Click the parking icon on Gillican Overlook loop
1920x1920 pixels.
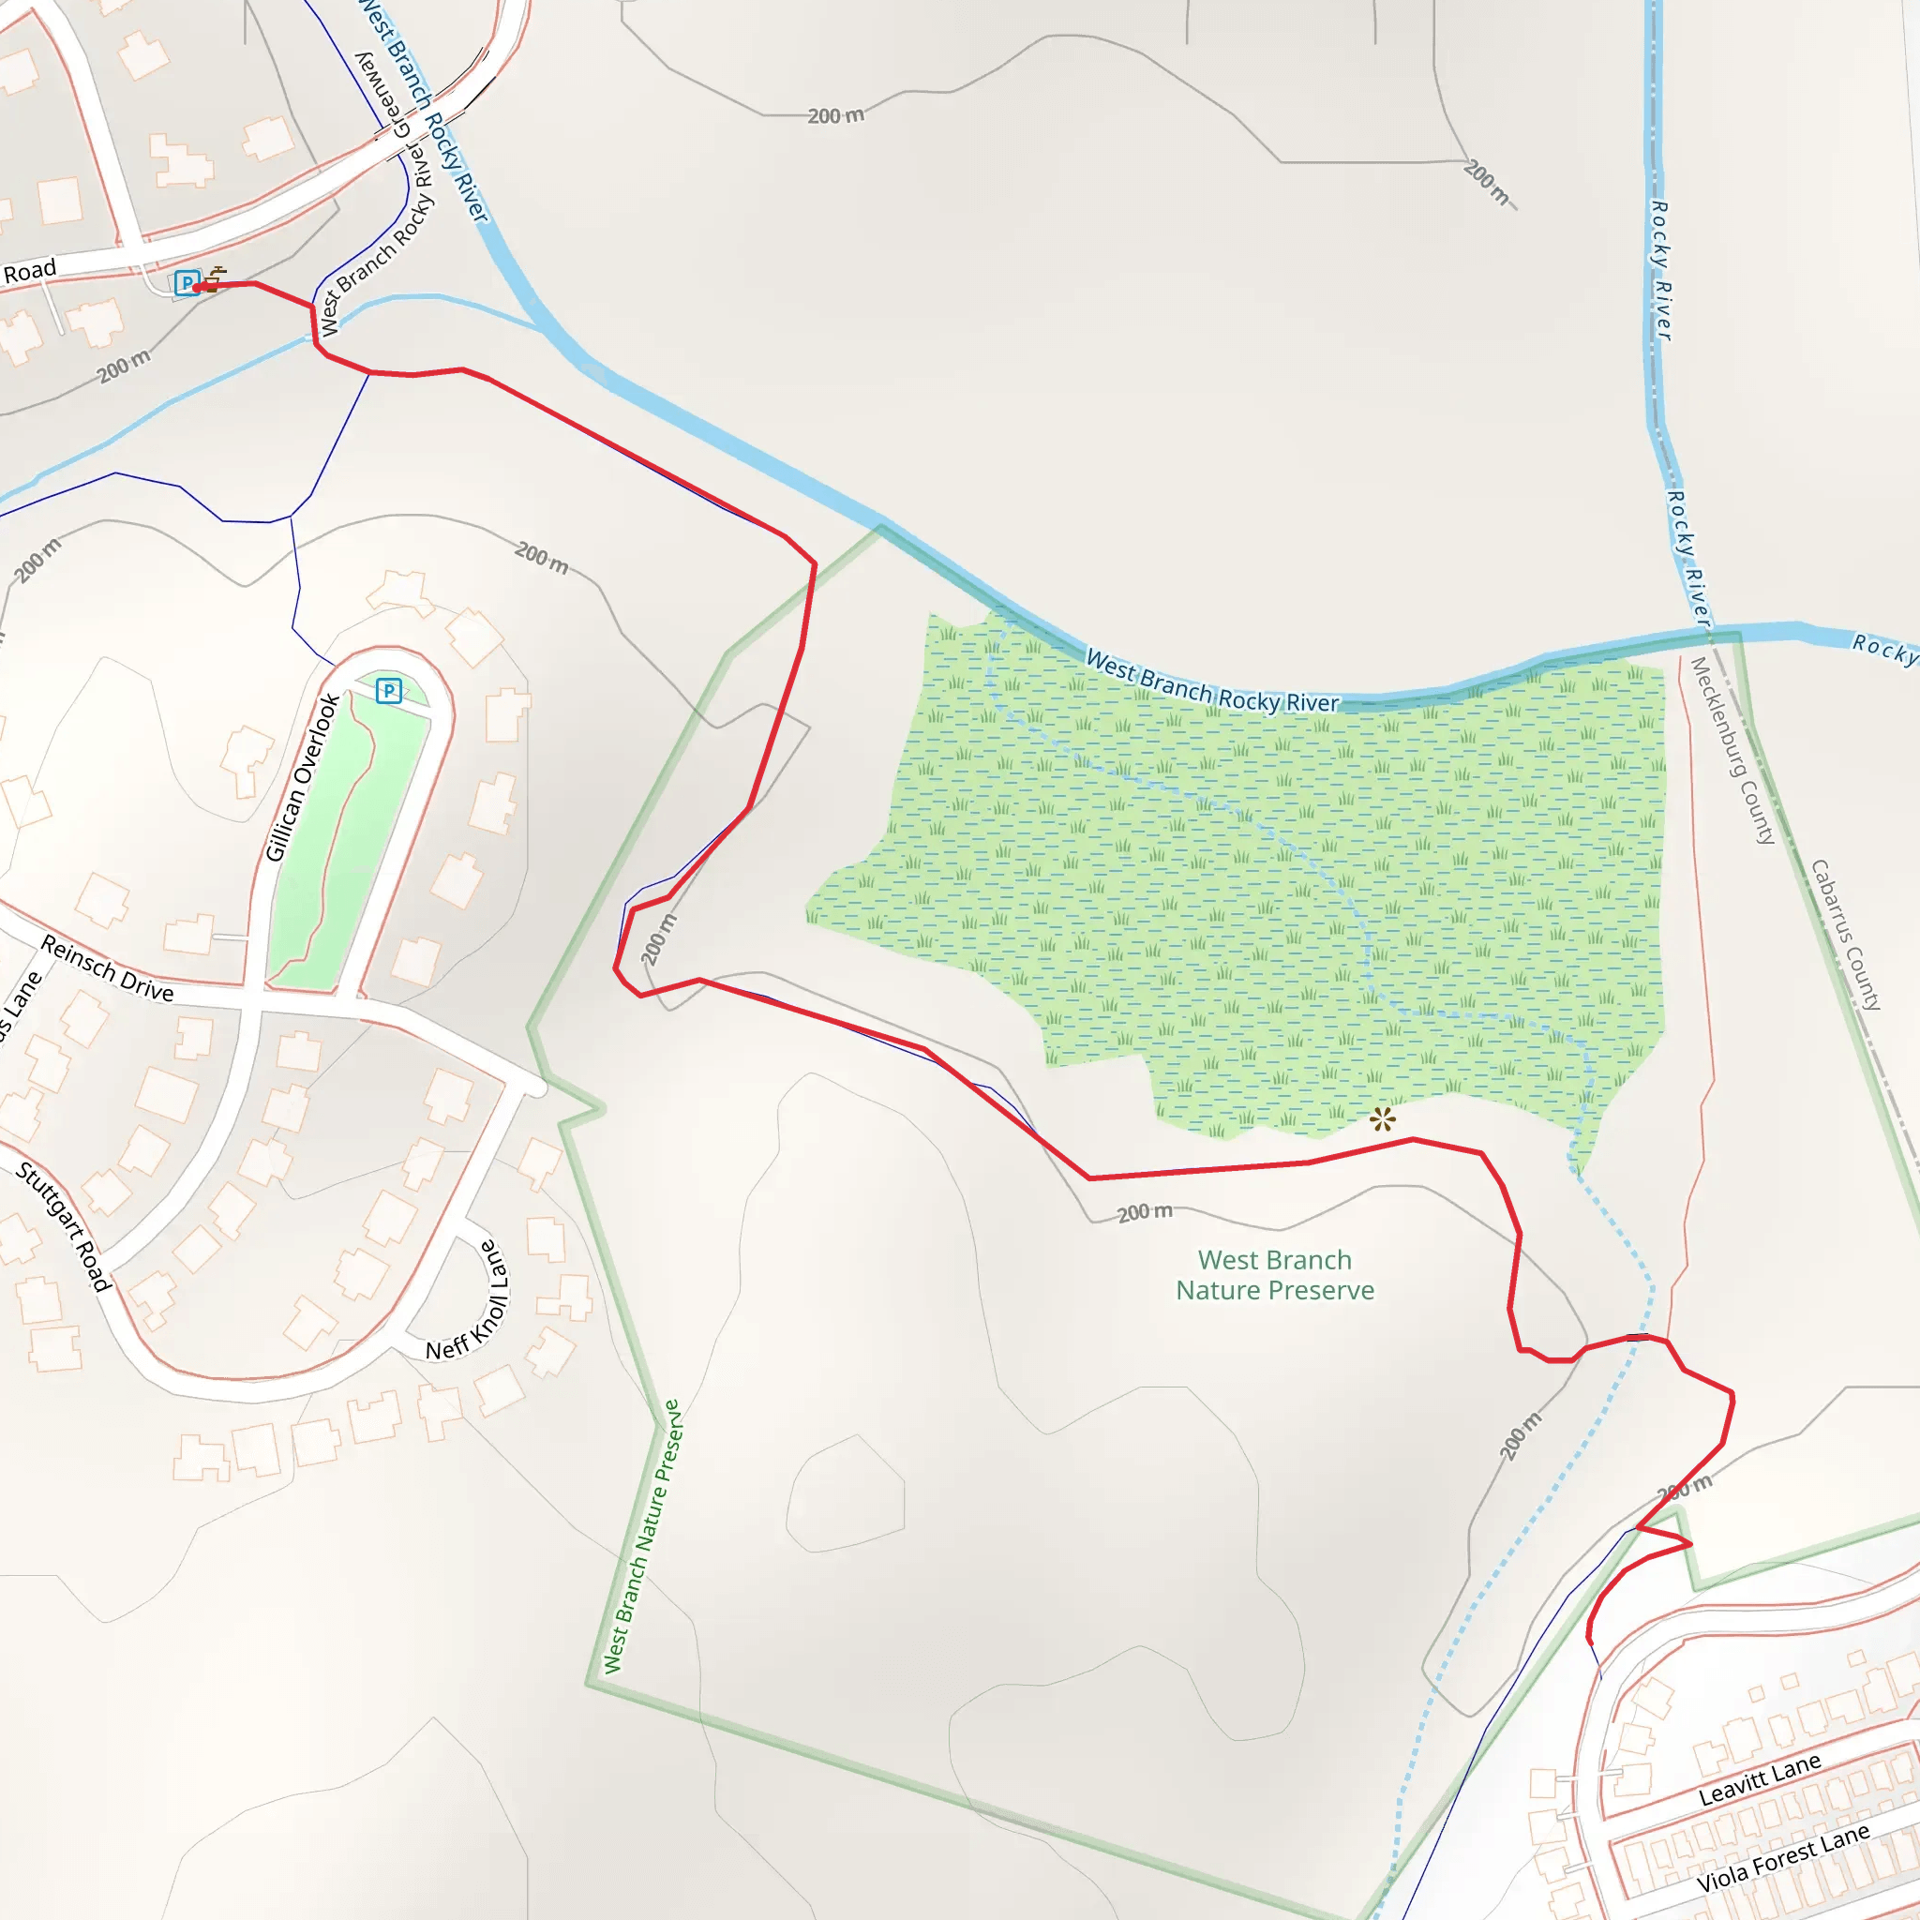(x=388, y=691)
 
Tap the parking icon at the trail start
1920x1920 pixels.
(x=186, y=283)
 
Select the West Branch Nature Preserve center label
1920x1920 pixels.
(x=1275, y=1275)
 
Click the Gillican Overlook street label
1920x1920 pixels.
(x=302, y=778)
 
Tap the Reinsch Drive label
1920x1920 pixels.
(x=107, y=969)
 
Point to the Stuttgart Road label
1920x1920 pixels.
(x=64, y=1227)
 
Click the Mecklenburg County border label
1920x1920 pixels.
(x=1733, y=751)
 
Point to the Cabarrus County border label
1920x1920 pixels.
(x=1845, y=935)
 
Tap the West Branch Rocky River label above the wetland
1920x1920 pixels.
(x=1211, y=682)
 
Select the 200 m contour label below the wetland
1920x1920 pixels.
(x=1145, y=1212)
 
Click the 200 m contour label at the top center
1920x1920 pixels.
(x=835, y=116)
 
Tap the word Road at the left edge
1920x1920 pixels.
(x=30, y=271)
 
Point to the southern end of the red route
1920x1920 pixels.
(x=1590, y=1641)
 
